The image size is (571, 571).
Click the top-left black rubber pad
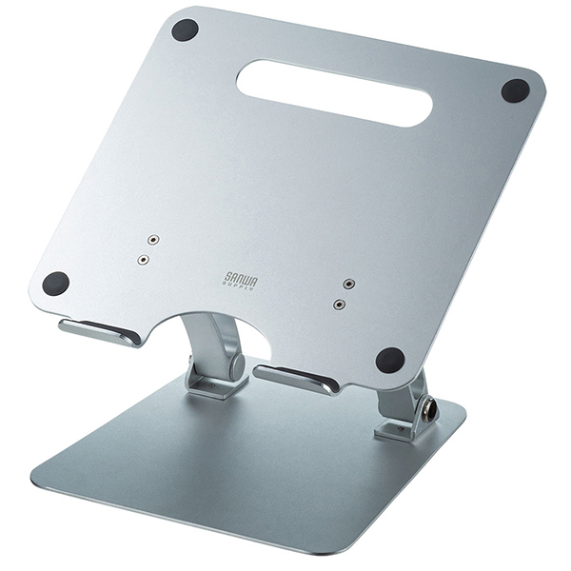tap(185, 30)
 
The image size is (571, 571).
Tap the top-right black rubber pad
tap(515, 90)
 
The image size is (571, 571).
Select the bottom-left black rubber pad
tap(56, 283)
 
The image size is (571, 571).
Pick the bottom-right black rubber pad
tap(389, 360)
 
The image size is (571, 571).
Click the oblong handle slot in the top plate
tap(333, 92)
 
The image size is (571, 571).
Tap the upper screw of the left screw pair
tap(153, 241)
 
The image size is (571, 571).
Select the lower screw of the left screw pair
tap(144, 259)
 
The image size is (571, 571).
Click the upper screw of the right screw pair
tap(349, 285)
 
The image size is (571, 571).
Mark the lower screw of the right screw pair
tap(339, 305)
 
